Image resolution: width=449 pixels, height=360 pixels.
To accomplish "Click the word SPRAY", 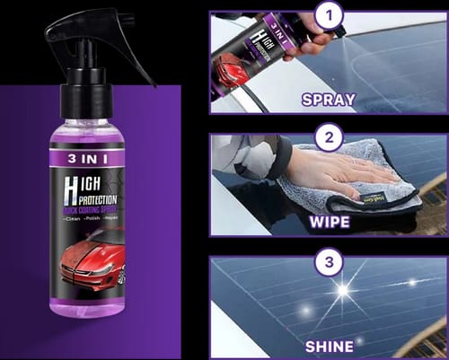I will tap(328, 100).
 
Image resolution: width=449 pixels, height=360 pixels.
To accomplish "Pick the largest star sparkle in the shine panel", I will tap(342, 290).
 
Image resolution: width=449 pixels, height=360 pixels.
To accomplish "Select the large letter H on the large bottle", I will tap(71, 190).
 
